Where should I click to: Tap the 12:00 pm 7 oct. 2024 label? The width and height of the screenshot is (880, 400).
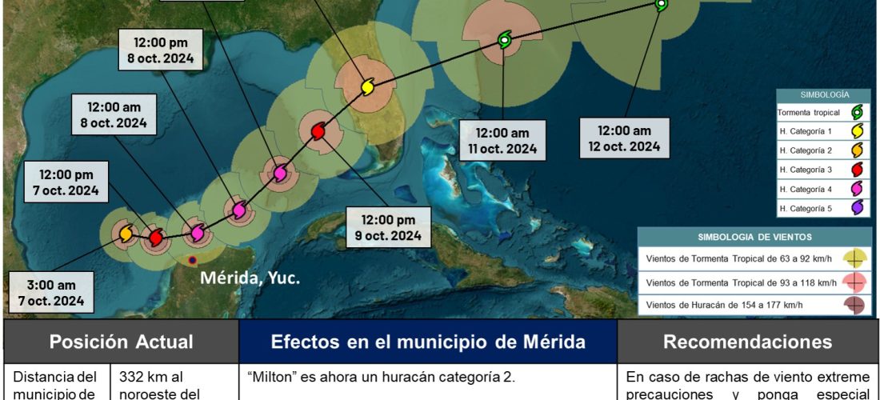(x=61, y=182)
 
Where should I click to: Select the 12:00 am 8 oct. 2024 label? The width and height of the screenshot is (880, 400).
(x=113, y=114)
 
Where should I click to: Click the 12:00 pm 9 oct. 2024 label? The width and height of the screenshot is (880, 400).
(x=388, y=227)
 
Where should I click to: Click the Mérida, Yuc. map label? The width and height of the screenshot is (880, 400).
(x=250, y=278)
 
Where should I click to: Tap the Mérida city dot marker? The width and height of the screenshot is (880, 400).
(x=191, y=261)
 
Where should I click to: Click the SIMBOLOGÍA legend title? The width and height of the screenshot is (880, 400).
(x=824, y=94)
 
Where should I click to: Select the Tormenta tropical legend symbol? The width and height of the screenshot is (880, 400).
(x=857, y=114)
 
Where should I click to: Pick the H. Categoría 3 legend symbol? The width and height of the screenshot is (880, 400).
(x=857, y=169)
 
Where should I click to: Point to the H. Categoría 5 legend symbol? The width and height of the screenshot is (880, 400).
(x=857, y=207)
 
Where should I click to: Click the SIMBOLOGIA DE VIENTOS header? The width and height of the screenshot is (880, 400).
(x=754, y=237)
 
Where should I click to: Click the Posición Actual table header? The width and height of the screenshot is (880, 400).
(x=121, y=342)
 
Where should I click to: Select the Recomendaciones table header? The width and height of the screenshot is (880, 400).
(x=747, y=342)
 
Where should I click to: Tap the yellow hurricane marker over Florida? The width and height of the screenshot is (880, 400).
(x=367, y=86)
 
